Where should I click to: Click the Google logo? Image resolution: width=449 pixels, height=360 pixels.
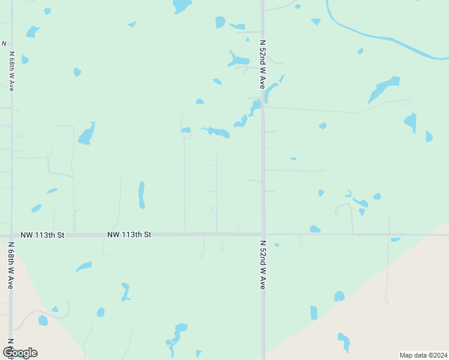(20, 353)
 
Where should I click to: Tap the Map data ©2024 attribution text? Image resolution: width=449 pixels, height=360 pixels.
(423, 355)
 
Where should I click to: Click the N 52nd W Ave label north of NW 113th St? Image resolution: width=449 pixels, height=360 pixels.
(262, 65)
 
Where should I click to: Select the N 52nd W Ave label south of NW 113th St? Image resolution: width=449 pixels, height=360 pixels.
(262, 265)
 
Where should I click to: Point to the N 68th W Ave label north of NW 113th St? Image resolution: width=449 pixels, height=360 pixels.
(11, 71)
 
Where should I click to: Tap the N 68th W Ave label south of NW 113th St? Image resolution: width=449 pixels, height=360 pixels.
(11, 266)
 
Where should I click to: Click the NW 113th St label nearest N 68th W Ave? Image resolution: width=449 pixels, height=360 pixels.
(42, 235)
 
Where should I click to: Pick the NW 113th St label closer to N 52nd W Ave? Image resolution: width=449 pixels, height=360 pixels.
(129, 235)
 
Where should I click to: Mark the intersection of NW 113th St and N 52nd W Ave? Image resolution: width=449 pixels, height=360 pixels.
(263, 234)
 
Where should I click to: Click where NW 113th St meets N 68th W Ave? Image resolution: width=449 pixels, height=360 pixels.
(11, 235)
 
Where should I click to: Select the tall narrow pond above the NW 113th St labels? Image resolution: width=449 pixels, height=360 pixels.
(142, 195)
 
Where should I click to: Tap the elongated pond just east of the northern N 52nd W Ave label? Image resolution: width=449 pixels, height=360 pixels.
(272, 90)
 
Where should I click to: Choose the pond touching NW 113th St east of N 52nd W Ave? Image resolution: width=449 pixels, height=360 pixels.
(315, 229)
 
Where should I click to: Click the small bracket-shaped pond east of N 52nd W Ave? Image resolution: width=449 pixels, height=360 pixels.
(348, 193)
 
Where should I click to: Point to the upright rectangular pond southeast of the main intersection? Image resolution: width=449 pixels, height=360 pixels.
(314, 313)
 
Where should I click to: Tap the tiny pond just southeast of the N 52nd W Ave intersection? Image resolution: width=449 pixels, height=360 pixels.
(277, 245)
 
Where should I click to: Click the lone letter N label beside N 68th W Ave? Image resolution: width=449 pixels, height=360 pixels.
(4, 44)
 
